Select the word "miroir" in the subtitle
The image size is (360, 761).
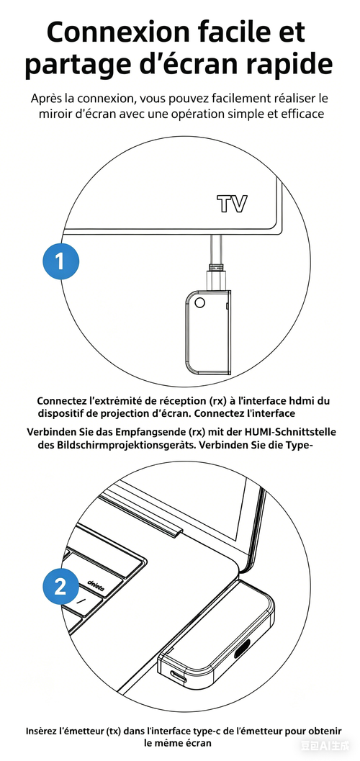click(x=61, y=115)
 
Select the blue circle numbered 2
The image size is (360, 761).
click(x=60, y=586)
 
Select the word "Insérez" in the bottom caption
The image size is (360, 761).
click(x=42, y=729)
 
